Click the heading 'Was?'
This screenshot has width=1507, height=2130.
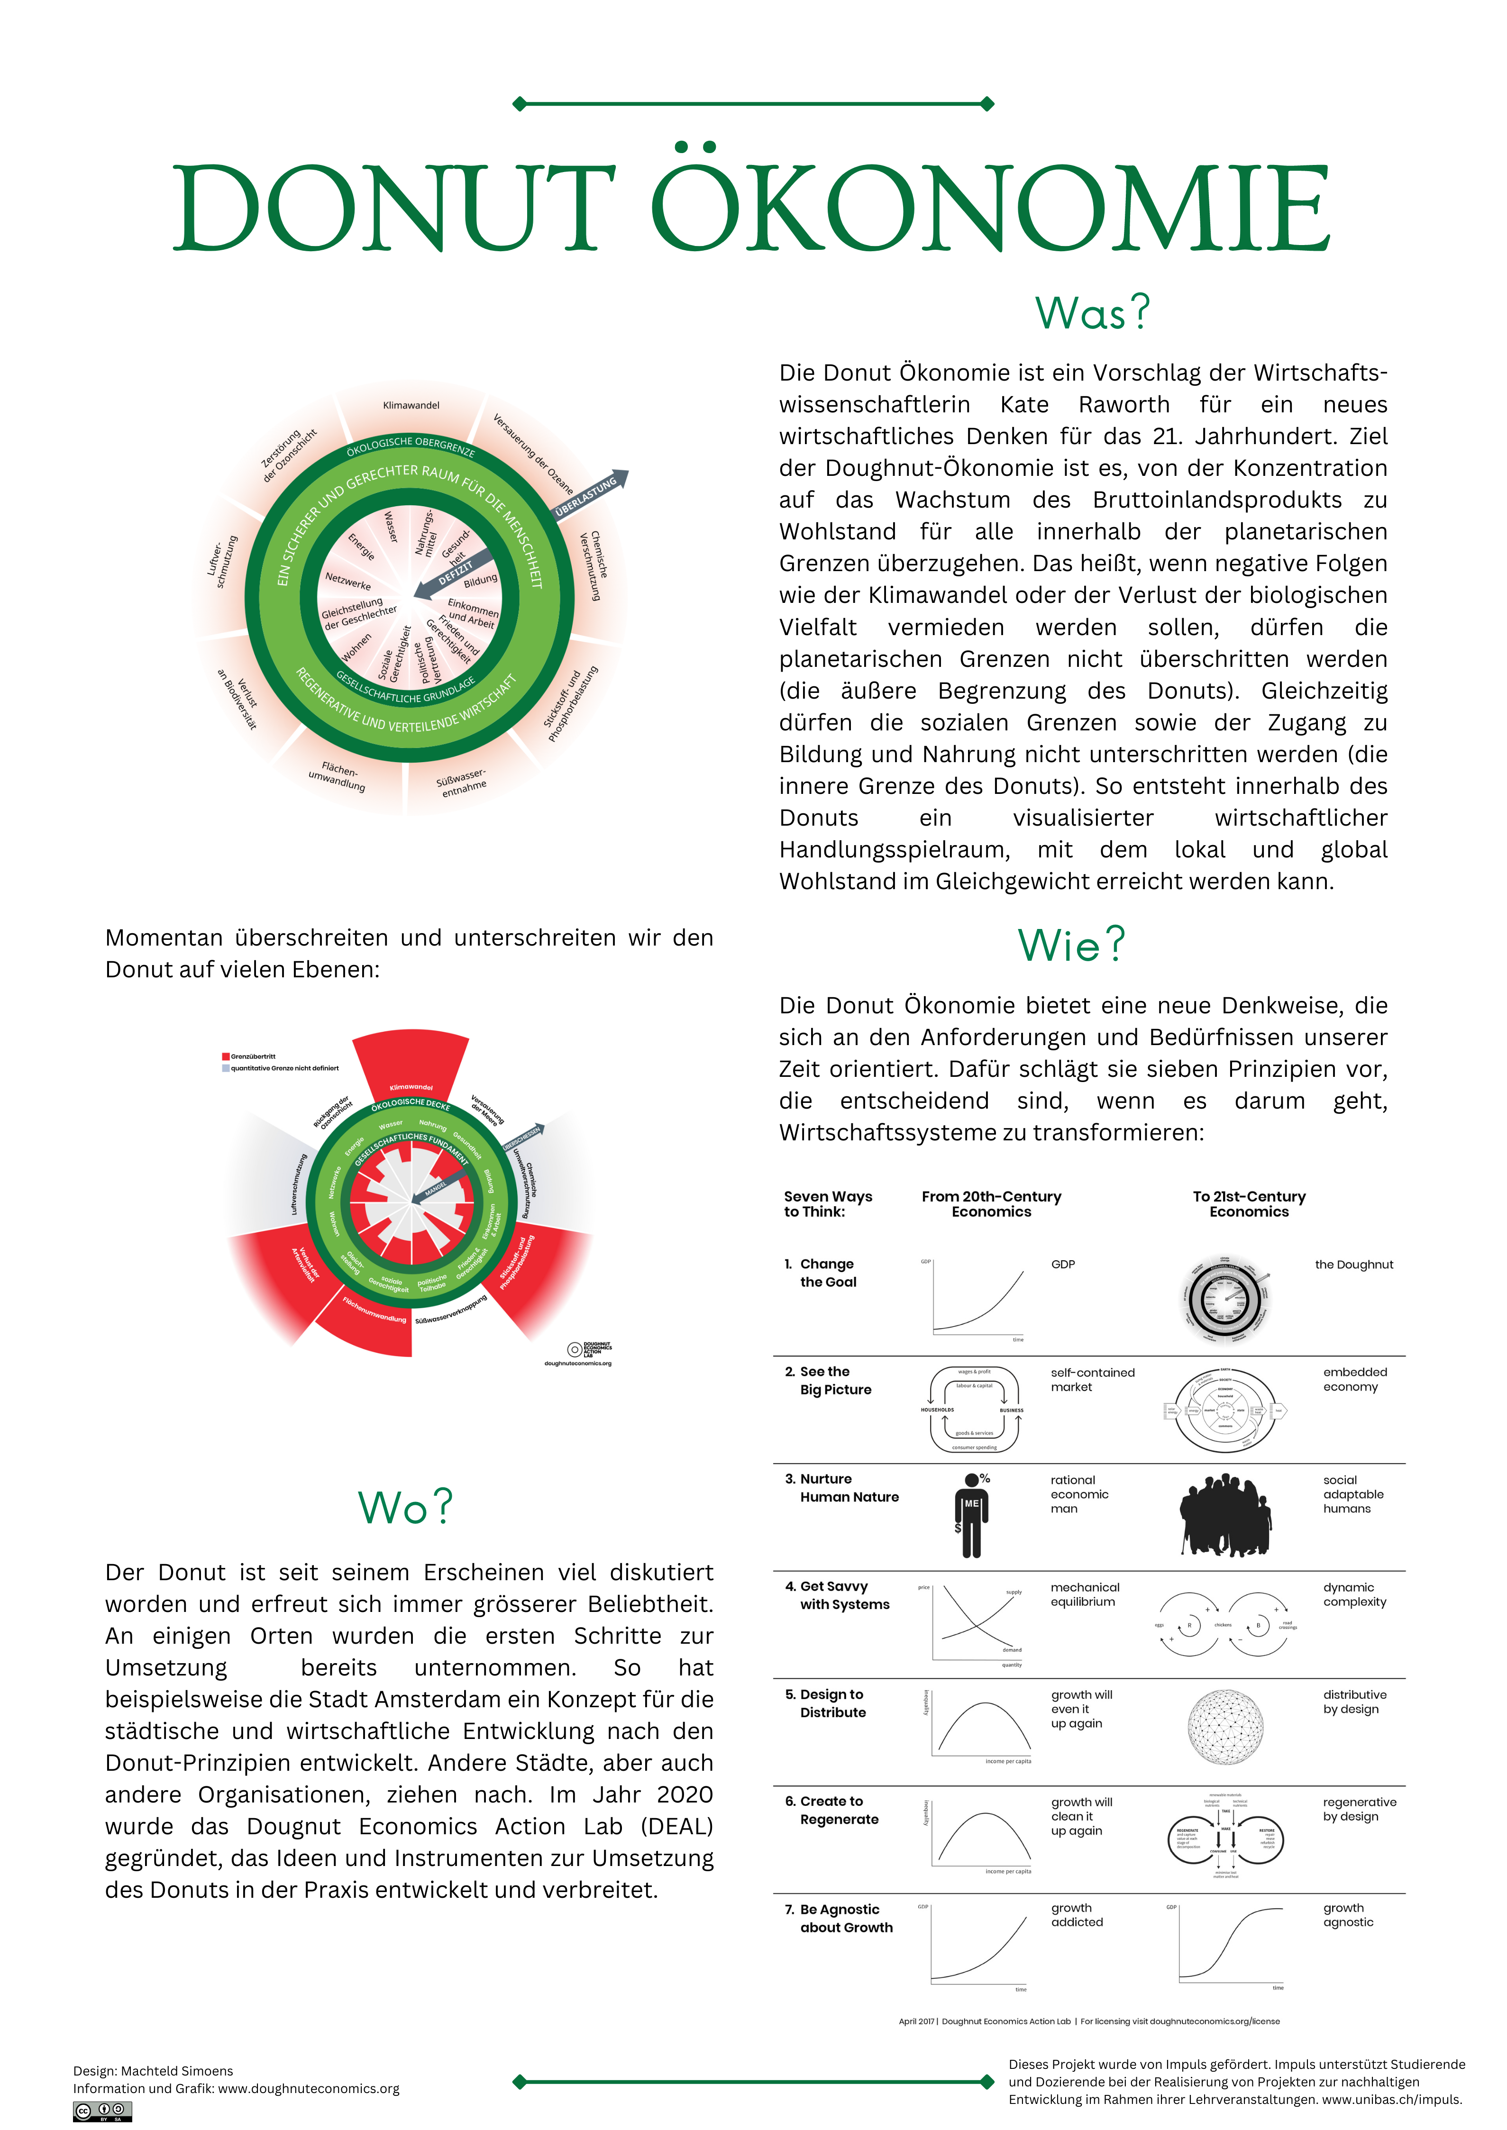1092,313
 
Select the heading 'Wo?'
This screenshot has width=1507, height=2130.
405,1508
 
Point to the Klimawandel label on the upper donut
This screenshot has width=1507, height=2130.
411,405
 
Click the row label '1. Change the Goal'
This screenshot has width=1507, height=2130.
826,1273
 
